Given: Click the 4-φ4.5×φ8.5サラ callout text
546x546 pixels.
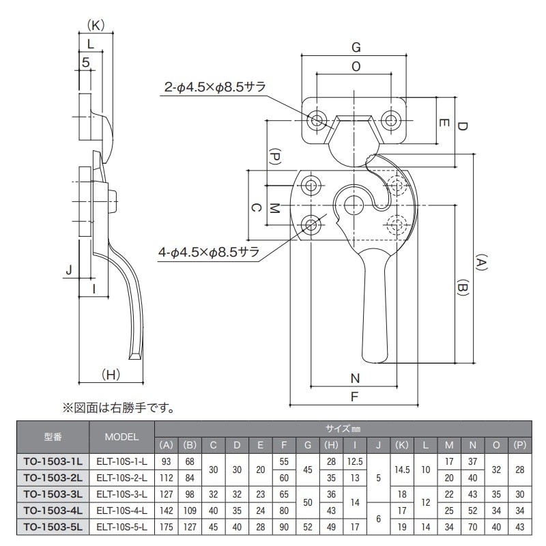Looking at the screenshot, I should [x=209, y=253].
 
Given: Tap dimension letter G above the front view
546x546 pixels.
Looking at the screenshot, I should [x=355, y=47].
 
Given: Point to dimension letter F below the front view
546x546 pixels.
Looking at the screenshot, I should [x=354, y=396].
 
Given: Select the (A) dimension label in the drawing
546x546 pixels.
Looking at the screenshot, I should [x=481, y=264].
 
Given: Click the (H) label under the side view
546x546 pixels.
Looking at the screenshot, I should [x=111, y=374].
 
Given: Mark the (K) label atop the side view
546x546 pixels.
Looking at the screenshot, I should [x=96, y=25].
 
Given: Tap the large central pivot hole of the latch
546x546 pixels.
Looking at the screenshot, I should [x=354, y=203].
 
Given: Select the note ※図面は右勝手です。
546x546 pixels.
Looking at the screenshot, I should [x=119, y=408].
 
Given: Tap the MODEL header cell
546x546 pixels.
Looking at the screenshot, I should [x=122, y=436].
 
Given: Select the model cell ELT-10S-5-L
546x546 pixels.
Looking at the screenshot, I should [x=122, y=526].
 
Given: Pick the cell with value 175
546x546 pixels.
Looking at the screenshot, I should [x=167, y=526].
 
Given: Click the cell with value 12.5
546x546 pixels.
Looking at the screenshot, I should [x=355, y=461].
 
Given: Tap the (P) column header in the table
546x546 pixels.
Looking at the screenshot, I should [x=519, y=445].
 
